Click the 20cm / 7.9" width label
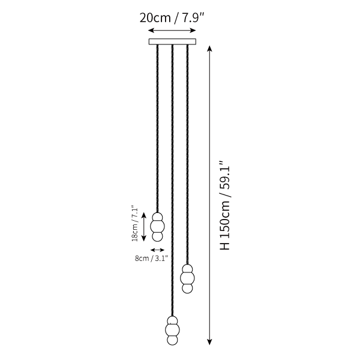(x=172, y=18)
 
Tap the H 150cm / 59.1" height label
(x=225, y=205)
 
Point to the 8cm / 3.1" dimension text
(x=152, y=259)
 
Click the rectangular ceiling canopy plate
(x=172, y=41)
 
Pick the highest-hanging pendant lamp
(x=157, y=227)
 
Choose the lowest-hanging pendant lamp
(x=172, y=331)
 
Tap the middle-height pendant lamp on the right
(x=187, y=278)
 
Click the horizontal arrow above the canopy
(x=172, y=31)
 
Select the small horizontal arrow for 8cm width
(x=157, y=250)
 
